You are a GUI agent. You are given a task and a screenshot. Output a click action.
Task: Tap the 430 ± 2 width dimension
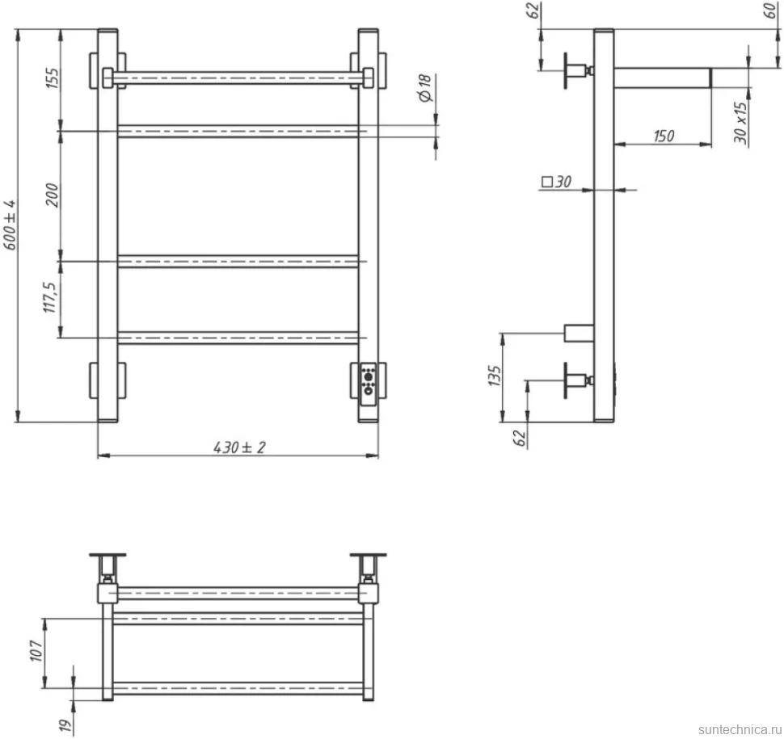point(239,447)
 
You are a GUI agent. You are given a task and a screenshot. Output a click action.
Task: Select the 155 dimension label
point(53,78)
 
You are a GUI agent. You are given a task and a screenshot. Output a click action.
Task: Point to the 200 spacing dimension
point(53,195)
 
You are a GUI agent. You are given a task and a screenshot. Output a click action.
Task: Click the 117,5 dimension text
point(50,298)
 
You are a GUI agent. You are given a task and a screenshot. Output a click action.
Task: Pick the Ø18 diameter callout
point(425,88)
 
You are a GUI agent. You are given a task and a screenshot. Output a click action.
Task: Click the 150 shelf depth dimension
point(664,136)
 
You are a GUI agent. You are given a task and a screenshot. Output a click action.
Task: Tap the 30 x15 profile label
point(741,123)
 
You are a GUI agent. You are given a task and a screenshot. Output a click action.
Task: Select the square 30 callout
point(557,182)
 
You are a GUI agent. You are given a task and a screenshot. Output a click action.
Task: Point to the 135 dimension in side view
point(495,376)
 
